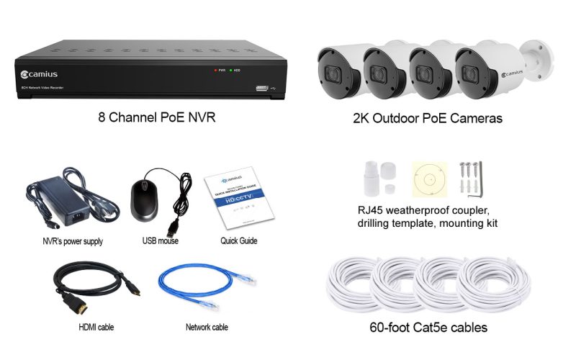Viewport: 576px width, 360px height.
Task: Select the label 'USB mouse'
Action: coord(160,241)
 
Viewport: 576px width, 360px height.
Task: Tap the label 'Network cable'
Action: coord(207,328)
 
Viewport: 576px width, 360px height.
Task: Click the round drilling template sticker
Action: coord(431,179)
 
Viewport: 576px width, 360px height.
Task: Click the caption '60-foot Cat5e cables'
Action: coord(428,328)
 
